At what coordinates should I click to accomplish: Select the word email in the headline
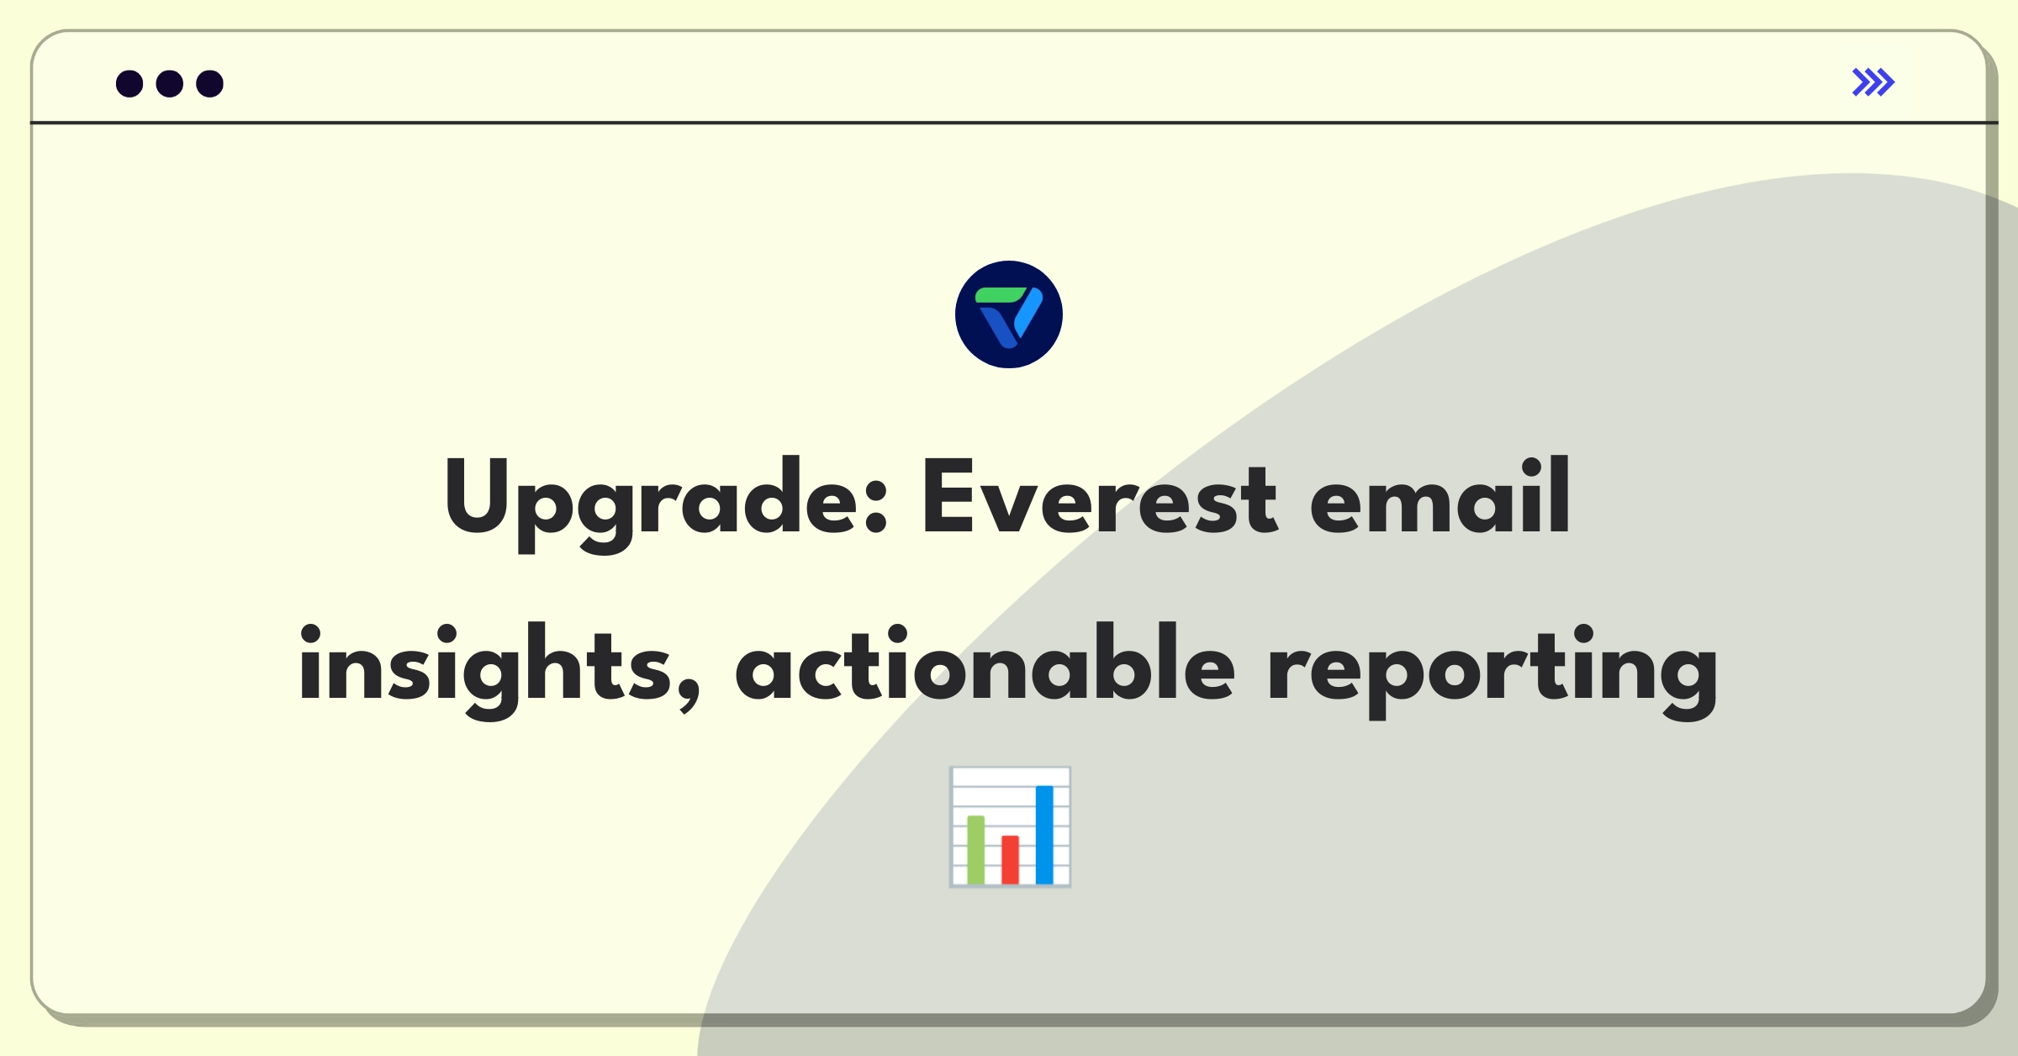coord(1440,496)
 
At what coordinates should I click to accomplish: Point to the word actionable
coord(985,663)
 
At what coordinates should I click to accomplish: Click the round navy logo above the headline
coord(1009,314)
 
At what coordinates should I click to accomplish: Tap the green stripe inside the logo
coord(1001,295)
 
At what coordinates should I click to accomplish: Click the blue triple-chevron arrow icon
coord(1873,82)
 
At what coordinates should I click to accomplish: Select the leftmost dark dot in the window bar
coord(129,83)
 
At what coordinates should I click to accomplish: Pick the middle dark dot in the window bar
coord(170,83)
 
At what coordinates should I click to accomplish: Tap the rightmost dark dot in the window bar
coord(210,83)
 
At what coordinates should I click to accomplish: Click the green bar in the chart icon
coord(976,849)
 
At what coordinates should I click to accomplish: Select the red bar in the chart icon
coord(1010,859)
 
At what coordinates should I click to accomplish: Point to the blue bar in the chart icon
coord(1044,834)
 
